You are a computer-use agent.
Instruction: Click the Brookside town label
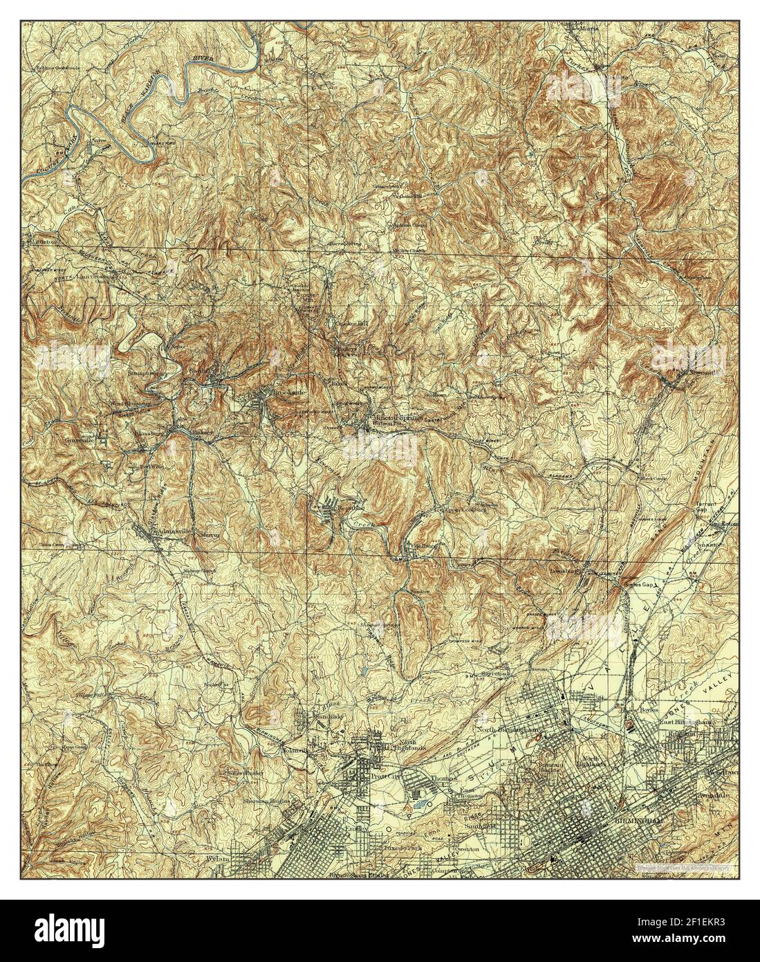pyautogui.click(x=274, y=391)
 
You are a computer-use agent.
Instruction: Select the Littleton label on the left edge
pyautogui.click(x=41, y=243)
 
